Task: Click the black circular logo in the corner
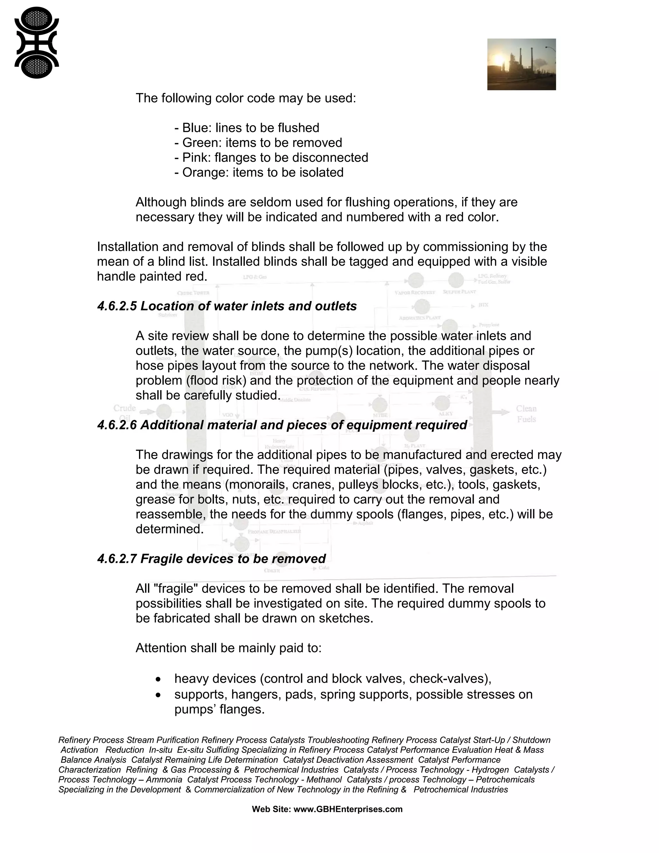pyautogui.click(x=36, y=43)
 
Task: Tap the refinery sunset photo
pyautogui.click(x=521, y=64)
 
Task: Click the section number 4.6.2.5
pyautogui.click(x=117, y=306)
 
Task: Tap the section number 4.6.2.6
pyautogui.click(x=117, y=425)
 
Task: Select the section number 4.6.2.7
pyautogui.click(x=117, y=559)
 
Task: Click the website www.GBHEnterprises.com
pyautogui.click(x=348, y=809)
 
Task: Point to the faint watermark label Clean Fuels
pyautogui.click(x=526, y=414)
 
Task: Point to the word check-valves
pyautogui.click(x=448, y=679)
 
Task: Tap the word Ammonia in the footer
pyautogui.click(x=164, y=780)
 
